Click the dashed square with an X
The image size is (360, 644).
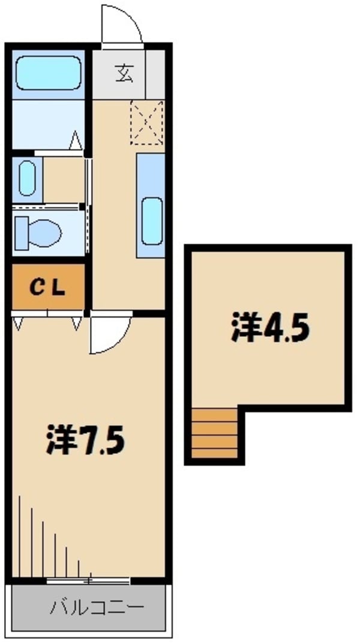[147, 121]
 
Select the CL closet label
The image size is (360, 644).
[47, 289]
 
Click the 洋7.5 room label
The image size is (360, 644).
[85, 442]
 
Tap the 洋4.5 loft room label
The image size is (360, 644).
[269, 328]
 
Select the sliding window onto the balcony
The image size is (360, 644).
[89, 580]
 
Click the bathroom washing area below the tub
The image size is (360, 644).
[47, 123]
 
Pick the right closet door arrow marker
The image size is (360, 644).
[76, 324]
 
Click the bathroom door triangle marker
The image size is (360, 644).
[76, 142]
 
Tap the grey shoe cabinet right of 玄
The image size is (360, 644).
[155, 75]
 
